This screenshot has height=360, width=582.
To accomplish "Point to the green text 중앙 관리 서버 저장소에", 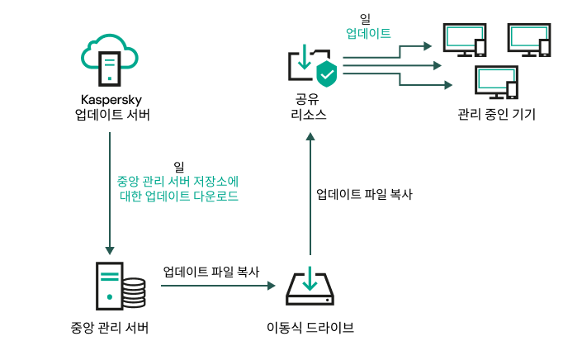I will click(x=178, y=181).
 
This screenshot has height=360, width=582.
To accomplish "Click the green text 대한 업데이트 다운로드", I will click(x=178, y=197).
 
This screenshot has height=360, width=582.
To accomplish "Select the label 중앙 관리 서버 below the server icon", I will click(x=110, y=327).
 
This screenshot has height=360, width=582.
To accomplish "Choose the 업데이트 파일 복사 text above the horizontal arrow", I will click(x=211, y=271).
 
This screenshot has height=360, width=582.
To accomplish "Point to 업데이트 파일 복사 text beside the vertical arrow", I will click(x=364, y=195).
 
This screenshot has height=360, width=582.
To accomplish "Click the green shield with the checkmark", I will click(x=328, y=73).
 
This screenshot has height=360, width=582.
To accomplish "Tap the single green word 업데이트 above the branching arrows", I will click(x=367, y=34).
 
